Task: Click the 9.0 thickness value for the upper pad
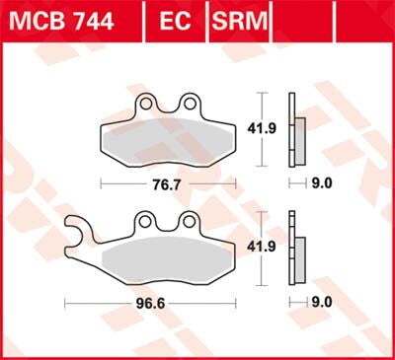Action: coord(322,183)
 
